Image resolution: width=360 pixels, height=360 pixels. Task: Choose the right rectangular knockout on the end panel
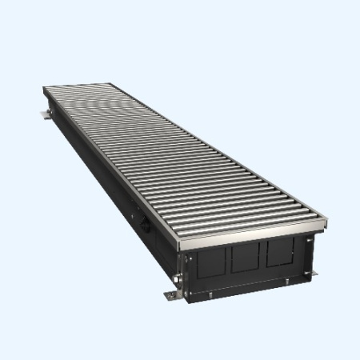pos(280,250)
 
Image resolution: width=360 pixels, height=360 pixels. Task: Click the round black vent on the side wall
pos(147,226)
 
